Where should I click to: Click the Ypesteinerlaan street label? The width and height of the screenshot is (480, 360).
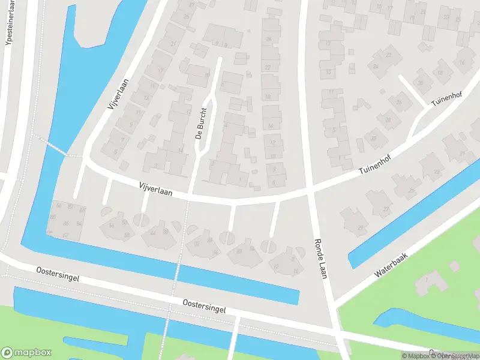pyautogui.click(x=8, y=27)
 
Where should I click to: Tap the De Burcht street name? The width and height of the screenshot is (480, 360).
pyautogui.click(x=202, y=123)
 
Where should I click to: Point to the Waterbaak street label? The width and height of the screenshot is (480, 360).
pyautogui.click(x=391, y=265)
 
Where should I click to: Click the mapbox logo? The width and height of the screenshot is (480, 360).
pyautogui.click(x=26, y=353)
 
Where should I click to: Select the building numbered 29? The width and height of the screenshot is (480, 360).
pyautogui.click(x=361, y=227)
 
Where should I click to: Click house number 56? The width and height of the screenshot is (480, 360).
pyautogui.click(x=112, y=225)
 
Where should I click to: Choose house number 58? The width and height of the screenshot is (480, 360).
pyautogui.click(x=127, y=235)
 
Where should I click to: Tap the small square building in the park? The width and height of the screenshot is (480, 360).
pyautogui.click(x=455, y=265)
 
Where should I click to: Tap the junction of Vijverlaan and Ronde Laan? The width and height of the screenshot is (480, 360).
pyautogui.click(x=309, y=191)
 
